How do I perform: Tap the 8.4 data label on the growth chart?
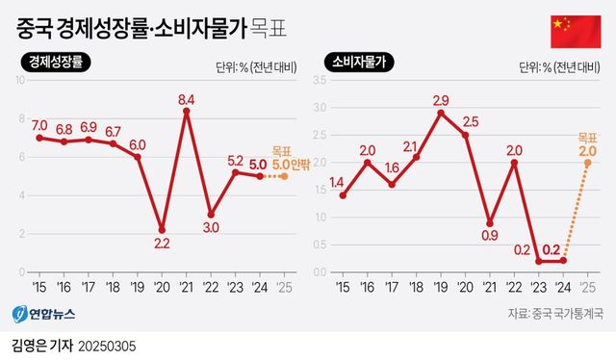[x=186, y=98]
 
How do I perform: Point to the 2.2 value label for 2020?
[x=162, y=244]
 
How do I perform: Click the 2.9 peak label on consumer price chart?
[x=441, y=100]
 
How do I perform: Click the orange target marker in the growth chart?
[x=283, y=176]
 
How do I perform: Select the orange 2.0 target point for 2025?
[x=588, y=163]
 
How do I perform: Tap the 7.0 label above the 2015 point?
[x=39, y=125]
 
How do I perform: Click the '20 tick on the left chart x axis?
[x=161, y=287]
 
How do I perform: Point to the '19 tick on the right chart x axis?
[x=441, y=287]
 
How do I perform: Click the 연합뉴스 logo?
[x=43, y=314]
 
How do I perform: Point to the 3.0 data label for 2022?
[x=211, y=228]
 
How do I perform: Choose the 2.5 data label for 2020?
[x=470, y=122]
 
